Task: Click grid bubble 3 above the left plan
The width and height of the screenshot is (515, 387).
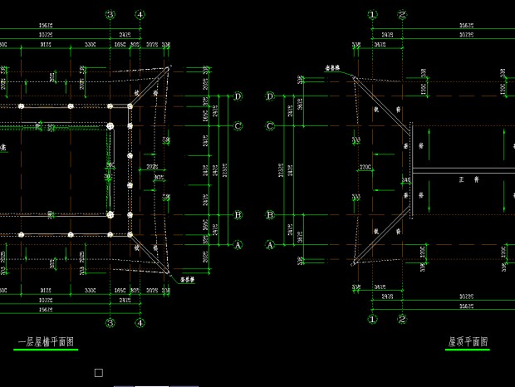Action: coord(110,15)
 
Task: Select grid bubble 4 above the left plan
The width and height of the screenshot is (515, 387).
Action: coord(140,15)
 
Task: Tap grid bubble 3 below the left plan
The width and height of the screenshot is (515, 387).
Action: coord(110,322)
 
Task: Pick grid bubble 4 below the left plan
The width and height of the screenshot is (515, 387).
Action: coord(140,322)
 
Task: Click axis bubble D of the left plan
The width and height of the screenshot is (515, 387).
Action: coord(238,96)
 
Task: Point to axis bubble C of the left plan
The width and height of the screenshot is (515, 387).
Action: coord(238,126)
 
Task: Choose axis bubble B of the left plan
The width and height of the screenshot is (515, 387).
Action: coord(238,215)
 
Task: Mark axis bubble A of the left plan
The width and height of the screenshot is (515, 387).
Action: coord(238,245)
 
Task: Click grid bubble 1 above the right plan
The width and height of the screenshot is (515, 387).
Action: coord(373,15)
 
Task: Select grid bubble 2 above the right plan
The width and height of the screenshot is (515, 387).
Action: coord(402,15)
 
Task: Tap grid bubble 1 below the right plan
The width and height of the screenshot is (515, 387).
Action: coord(373,318)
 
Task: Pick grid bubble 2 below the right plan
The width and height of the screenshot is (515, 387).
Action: coord(402,318)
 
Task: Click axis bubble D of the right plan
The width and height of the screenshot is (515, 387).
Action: coord(269,96)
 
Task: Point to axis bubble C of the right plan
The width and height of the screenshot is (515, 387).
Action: coord(269,126)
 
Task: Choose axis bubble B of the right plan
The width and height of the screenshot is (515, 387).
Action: coord(269,215)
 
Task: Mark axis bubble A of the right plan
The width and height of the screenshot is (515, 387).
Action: coord(269,245)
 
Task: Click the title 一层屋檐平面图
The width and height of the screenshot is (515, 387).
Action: coord(47,341)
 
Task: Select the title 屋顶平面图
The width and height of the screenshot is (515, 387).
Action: coord(468,341)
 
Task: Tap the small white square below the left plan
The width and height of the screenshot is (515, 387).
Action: coord(99,373)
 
